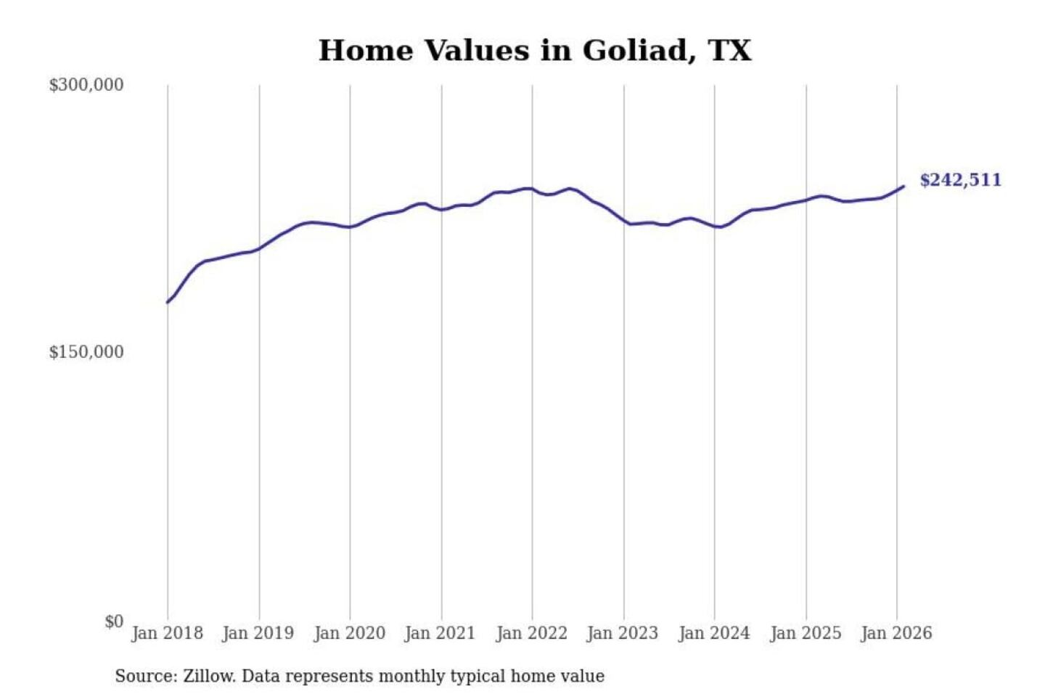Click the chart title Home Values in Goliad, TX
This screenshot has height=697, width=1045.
click(535, 50)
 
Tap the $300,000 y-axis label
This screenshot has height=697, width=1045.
click(86, 85)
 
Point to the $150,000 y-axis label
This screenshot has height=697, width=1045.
click(86, 352)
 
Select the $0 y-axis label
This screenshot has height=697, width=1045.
click(114, 621)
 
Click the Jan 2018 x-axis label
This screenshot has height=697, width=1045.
click(167, 633)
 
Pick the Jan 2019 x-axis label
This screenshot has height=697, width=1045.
click(258, 633)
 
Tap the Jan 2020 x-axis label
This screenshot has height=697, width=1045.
click(349, 633)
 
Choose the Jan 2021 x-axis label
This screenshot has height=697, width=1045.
click(440, 633)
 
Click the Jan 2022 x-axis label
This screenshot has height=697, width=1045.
click(531, 633)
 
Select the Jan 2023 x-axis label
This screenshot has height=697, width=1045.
click(622, 633)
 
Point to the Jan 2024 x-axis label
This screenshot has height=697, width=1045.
click(713, 633)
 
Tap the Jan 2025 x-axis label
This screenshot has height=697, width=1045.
click(805, 633)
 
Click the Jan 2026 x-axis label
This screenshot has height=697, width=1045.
click(896, 633)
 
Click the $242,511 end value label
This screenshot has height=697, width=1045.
click(960, 180)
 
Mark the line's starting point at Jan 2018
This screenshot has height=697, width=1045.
click(168, 302)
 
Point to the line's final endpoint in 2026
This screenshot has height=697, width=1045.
click(903, 187)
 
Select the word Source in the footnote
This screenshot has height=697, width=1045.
click(144, 677)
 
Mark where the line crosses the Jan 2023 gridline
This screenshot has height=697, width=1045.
click(623, 221)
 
